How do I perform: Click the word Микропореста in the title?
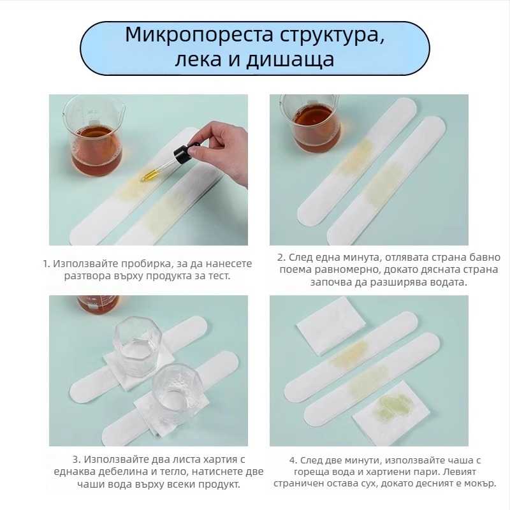point(199,35)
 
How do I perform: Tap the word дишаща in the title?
point(290,60)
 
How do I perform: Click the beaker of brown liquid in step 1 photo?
point(94,136)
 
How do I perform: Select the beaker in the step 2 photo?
point(310,124)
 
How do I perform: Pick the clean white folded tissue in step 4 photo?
point(331,326)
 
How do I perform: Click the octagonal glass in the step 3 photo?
point(138,347)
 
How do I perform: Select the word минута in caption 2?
point(361,258)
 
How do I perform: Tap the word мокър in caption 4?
point(480,483)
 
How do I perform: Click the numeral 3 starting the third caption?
point(76,459)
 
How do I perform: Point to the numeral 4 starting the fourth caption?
point(293,460)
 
